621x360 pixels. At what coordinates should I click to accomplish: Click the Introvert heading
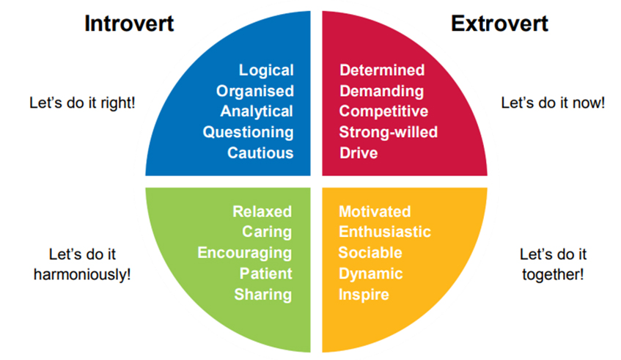pos(129,23)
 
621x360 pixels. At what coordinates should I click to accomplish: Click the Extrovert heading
pos(499,23)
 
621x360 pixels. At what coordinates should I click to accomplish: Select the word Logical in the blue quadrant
pos(265,70)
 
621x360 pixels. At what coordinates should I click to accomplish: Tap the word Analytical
pos(257,111)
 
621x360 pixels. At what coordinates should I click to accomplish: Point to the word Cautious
pos(260,153)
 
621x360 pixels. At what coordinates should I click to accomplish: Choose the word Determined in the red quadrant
pos(382,70)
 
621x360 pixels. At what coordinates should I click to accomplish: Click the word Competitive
pos(383,111)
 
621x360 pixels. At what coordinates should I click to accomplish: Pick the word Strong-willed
pos(388,133)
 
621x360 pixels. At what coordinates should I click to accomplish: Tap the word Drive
pos(359,153)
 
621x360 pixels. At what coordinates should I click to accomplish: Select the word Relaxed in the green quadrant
pos(262,211)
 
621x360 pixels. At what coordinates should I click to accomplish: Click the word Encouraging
pos(245,253)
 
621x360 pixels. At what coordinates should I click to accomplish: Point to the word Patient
pos(265,273)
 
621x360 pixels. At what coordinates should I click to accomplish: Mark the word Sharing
pos(263,295)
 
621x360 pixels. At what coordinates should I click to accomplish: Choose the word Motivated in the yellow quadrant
pos(375,211)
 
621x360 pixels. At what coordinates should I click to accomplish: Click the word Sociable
pos(370,253)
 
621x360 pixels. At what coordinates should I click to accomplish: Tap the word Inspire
pos(364,295)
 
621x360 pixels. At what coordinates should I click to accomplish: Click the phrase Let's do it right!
pos(81,103)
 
